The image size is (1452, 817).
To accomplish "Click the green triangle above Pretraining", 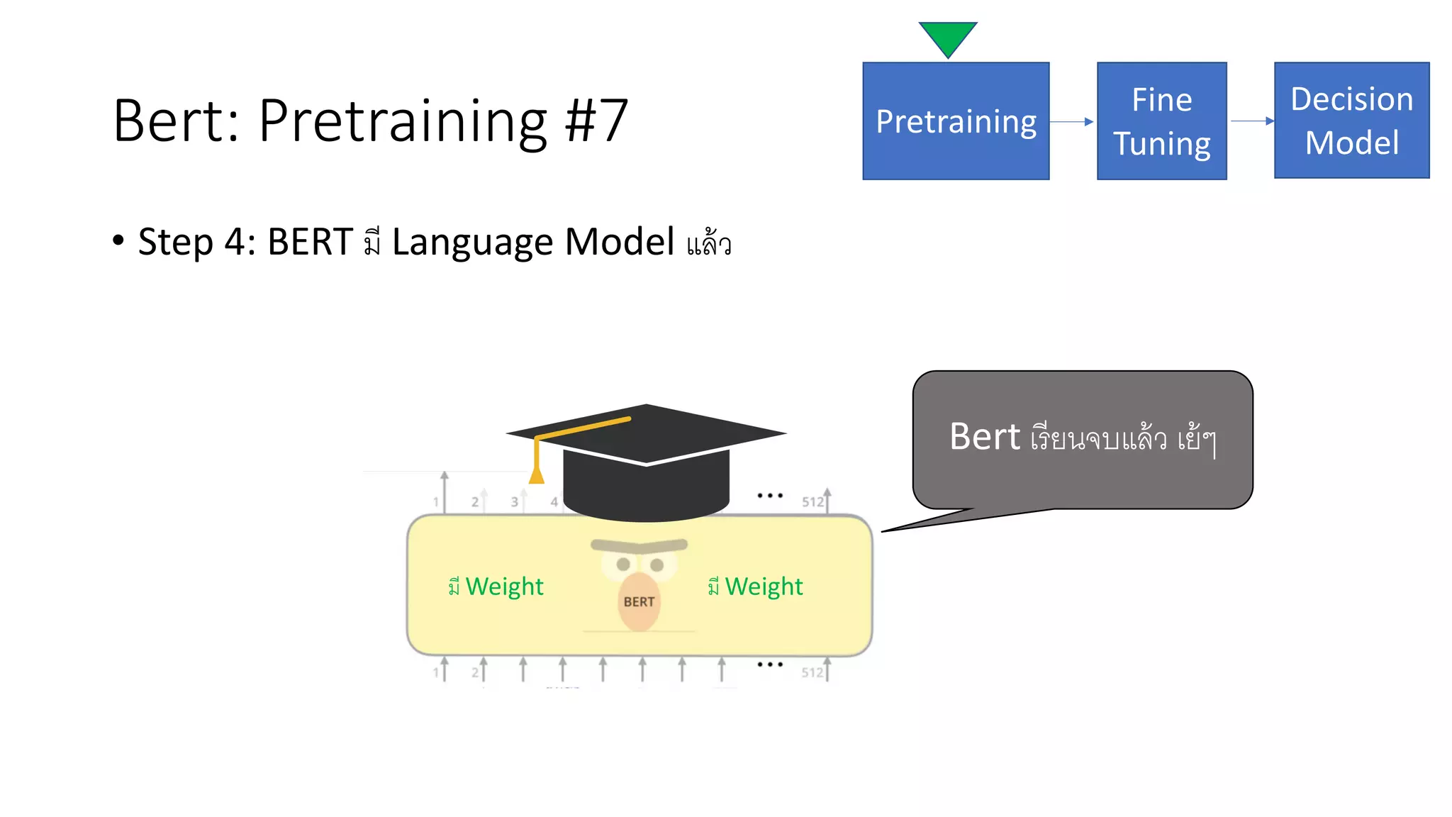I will click(x=948, y=37).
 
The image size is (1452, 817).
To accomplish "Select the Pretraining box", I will click(x=956, y=121).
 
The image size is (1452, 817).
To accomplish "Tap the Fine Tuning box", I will click(x=1161, y=121).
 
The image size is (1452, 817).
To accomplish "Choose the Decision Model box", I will click(x=1351, y=121).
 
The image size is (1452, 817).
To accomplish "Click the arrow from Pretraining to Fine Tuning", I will click(x=1072, y=122).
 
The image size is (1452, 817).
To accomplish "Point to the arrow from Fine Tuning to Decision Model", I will click(x=1251, y=121).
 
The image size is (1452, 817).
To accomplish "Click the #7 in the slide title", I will click(x=596, y=121).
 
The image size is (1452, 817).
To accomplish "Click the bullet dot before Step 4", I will click(x=118, y=240).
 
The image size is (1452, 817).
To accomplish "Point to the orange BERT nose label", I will click(x=639, y=601).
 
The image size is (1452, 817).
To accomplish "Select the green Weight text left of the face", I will click(x=503, y=587).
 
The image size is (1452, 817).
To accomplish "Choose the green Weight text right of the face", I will click(x=764, y=587).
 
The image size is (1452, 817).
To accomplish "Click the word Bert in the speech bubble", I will click(x=985, y=436).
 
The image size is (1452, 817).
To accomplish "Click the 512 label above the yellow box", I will click(x=812, y=502).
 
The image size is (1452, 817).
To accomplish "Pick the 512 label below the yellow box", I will click(x=812, y=672).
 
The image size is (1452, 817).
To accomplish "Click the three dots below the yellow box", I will click(x=770, y=665).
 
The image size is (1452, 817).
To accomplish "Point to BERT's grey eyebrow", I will click(x=639, y=545).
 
